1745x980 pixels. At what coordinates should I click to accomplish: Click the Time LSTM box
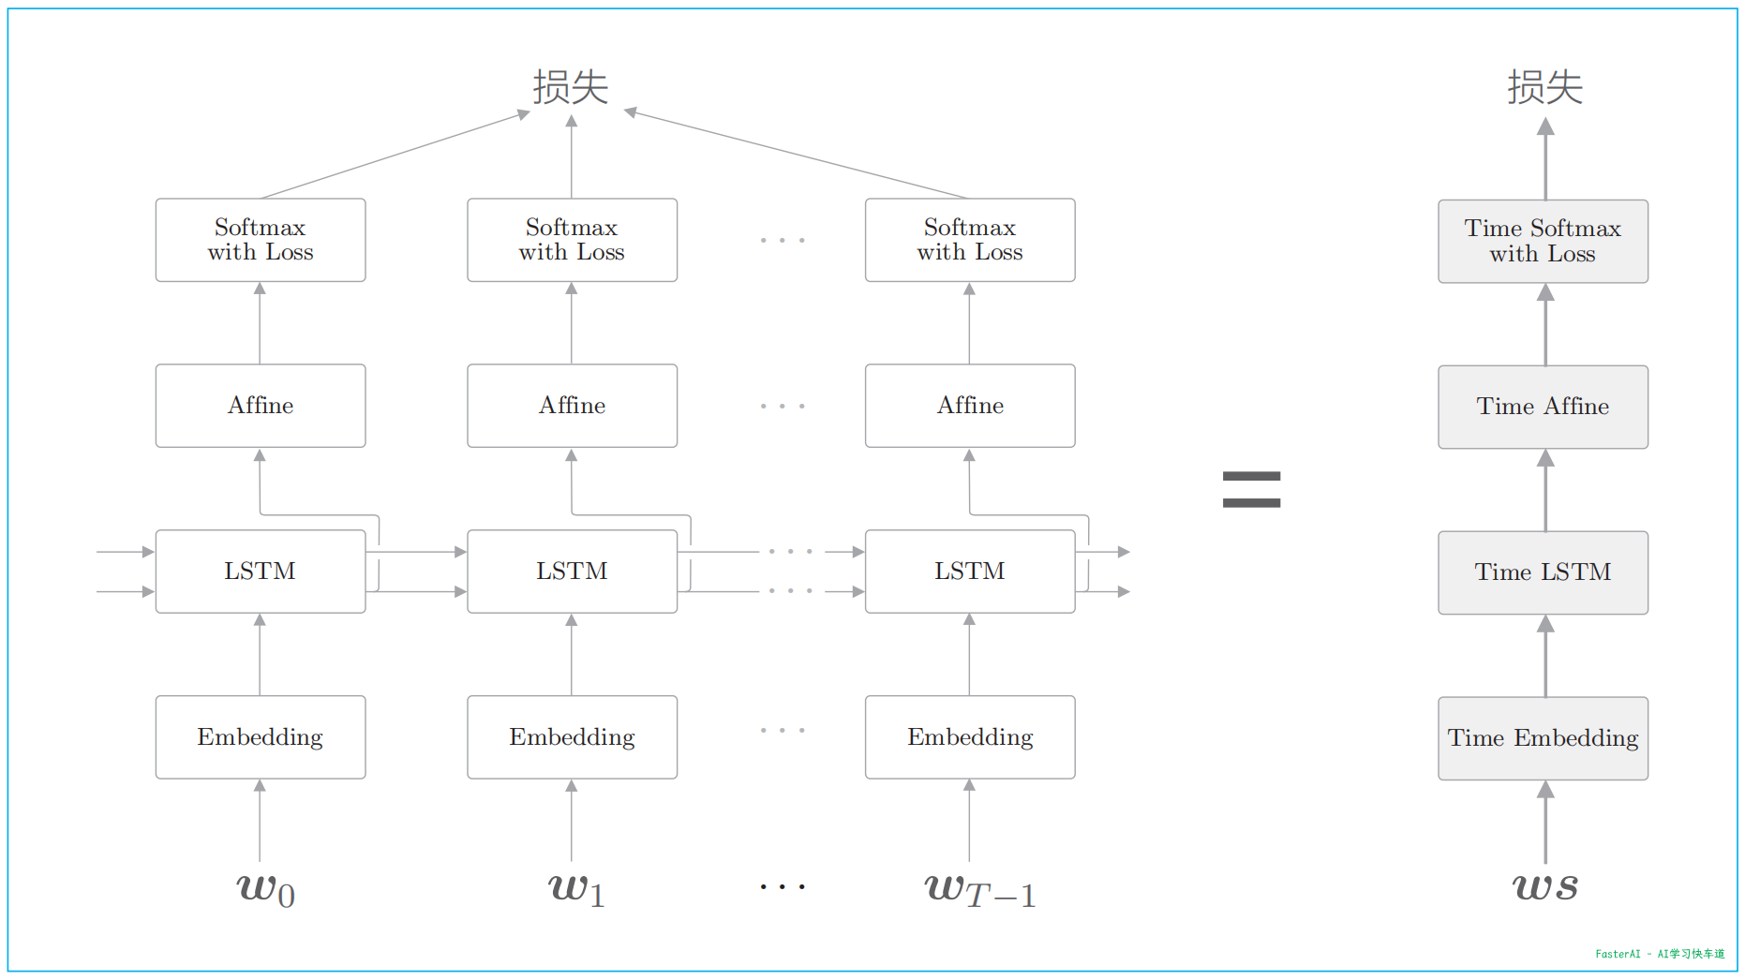[1543, 572]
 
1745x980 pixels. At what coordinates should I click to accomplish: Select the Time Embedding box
[1543, 738]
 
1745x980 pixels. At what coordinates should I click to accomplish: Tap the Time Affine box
[1543, 407]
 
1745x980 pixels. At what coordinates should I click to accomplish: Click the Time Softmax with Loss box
[1543, 241]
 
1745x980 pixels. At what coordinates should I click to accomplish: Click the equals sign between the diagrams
[1251, 489]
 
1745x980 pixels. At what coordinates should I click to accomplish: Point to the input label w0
[265, 888]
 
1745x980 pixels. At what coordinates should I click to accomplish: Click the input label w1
[575, 888]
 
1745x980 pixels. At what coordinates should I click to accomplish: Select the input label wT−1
[979, 890]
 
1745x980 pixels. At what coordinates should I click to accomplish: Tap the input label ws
[1544, 885]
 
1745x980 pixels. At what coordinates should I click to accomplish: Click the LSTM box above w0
[261, 572]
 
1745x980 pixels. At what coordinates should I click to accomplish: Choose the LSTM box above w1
[572, 572]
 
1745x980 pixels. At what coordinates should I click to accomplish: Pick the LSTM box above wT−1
[970, 572]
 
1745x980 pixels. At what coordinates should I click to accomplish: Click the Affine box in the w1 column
[572, 406]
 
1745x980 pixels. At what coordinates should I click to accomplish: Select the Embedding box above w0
[261, 737]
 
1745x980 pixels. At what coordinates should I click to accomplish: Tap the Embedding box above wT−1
[970, 737]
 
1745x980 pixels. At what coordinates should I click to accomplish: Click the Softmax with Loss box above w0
[261, 240]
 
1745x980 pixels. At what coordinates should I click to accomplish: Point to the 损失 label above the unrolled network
[571, 87]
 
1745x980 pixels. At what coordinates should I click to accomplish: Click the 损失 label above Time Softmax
[1544, 87]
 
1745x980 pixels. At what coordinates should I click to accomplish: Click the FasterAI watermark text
[1659, 954]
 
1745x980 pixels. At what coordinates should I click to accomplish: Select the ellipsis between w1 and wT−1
[783, 886]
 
